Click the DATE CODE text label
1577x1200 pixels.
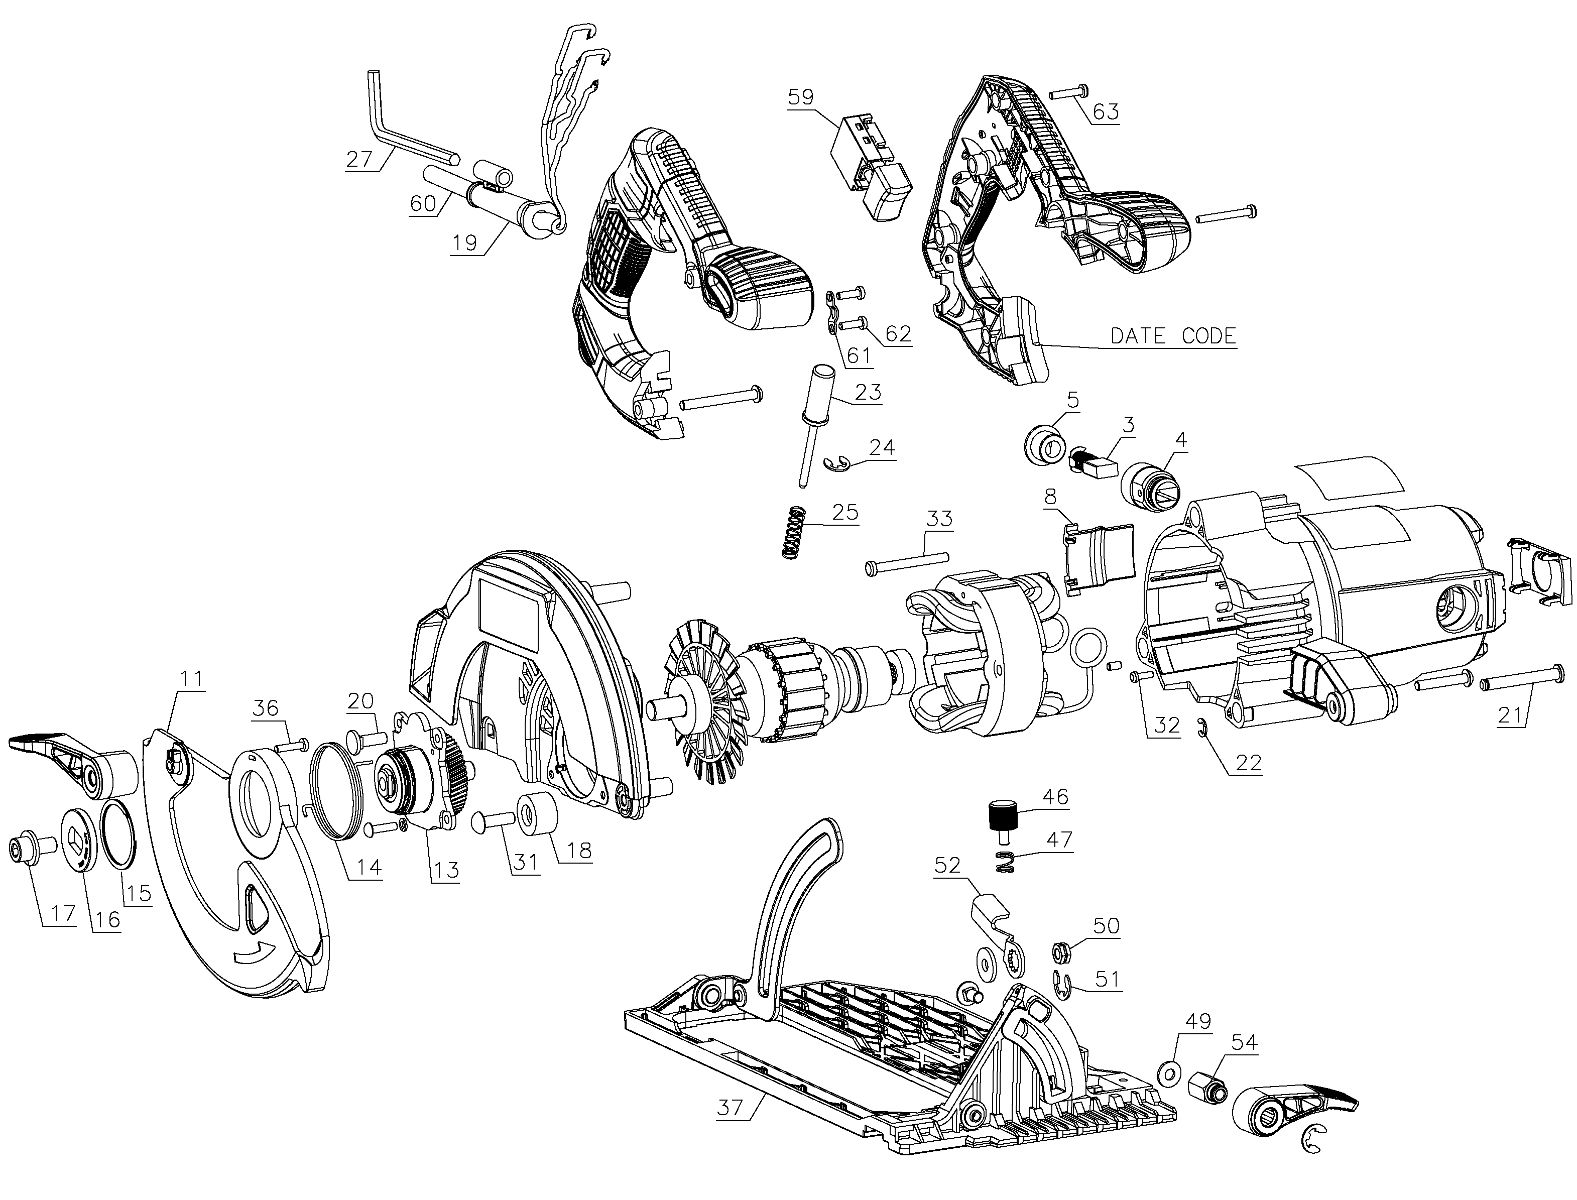(x=1173, y=336)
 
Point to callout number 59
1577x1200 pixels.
(x=801, y=97)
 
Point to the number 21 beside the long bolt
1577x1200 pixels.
(x=1510, y=715)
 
